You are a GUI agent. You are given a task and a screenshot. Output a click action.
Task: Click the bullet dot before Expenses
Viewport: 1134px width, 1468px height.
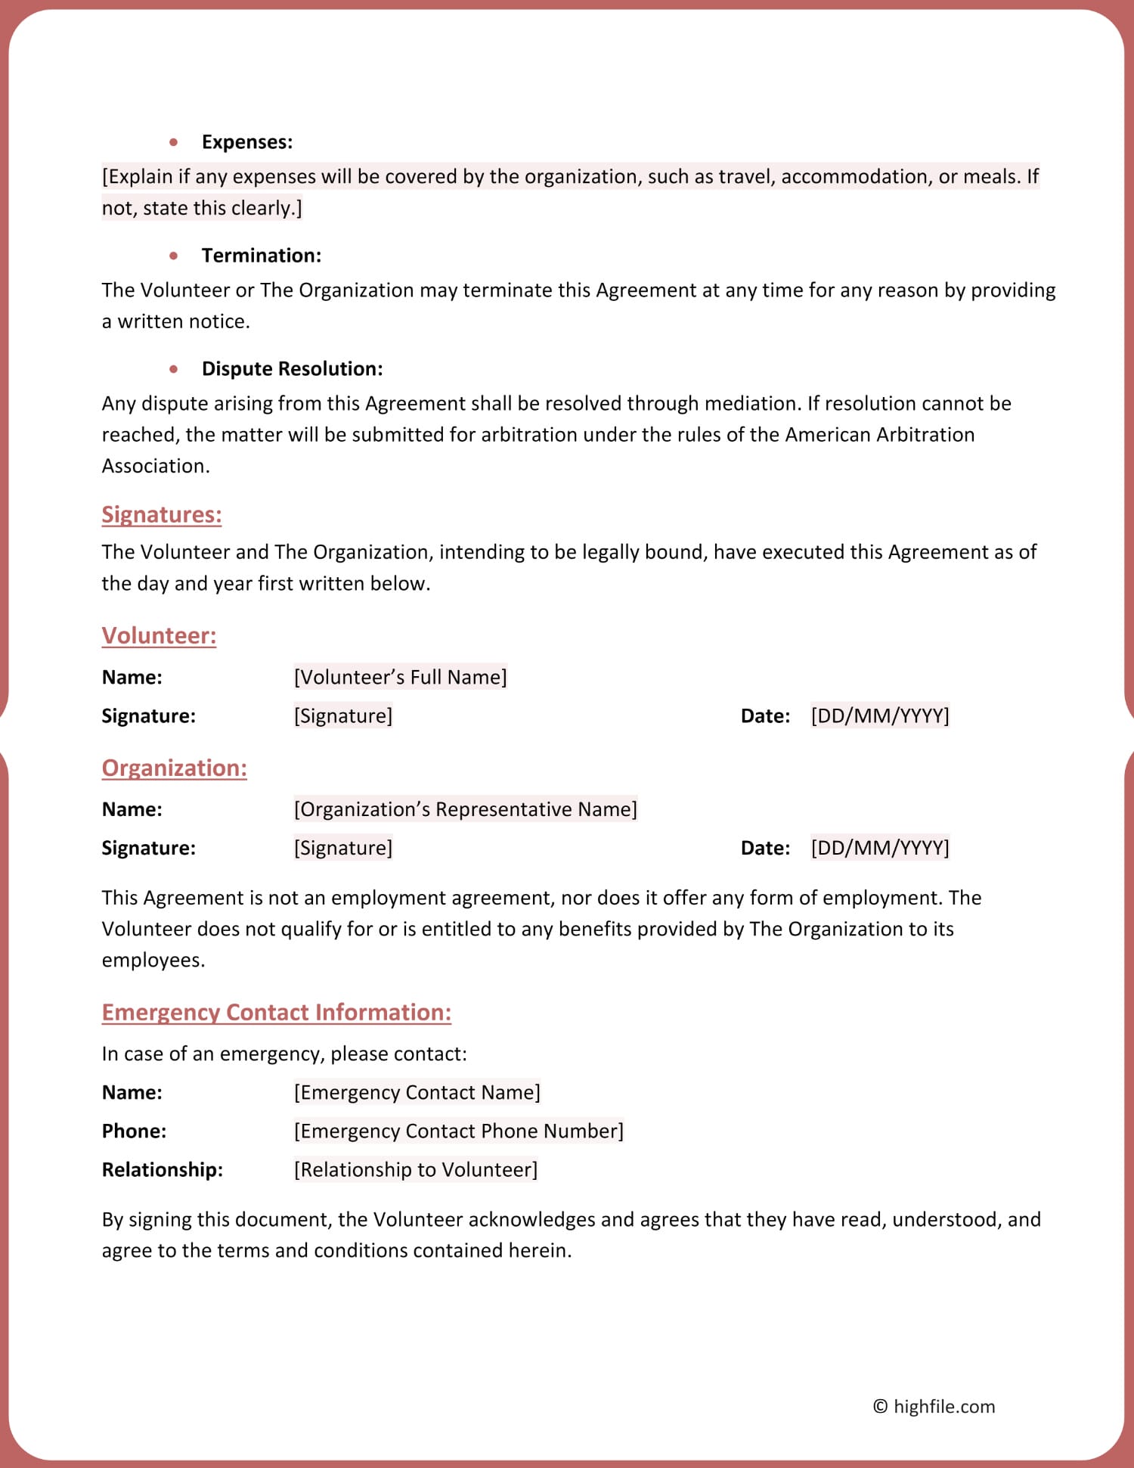174,142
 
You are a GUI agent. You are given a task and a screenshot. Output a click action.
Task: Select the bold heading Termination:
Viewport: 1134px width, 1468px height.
261,256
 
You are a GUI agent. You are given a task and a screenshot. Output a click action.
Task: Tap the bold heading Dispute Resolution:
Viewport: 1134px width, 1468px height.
292,369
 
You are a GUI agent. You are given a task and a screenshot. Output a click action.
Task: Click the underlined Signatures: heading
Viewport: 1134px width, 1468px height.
162,515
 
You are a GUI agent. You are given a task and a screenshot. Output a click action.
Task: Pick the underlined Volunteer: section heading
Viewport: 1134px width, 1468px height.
159,636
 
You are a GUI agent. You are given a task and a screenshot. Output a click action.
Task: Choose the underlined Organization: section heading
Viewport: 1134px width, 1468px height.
174,768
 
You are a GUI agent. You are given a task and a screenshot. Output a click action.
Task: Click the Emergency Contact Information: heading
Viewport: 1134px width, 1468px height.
276,1013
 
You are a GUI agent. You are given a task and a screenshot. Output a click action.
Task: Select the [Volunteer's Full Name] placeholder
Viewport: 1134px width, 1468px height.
400,677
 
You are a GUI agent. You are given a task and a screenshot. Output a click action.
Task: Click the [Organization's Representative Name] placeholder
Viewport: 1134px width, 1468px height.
465,809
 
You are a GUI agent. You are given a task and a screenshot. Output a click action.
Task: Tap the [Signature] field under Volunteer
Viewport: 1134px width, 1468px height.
343,715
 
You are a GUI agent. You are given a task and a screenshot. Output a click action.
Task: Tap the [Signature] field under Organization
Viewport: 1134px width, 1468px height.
343,848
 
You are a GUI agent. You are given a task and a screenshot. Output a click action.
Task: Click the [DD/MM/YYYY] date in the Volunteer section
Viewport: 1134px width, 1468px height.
879,715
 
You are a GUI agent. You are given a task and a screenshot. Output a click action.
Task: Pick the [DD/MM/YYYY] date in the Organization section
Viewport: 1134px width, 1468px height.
879,848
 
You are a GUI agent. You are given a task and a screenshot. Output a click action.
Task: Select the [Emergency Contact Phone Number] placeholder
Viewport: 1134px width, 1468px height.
458,1131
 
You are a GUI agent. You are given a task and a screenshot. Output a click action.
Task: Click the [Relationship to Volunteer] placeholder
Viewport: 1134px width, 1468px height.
415,1170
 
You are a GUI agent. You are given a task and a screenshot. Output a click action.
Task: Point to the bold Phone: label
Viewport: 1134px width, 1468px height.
134,1131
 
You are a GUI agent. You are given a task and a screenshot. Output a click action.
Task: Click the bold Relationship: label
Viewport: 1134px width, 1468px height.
162,1170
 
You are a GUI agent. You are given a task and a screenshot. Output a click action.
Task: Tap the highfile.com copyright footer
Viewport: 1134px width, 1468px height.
934,1407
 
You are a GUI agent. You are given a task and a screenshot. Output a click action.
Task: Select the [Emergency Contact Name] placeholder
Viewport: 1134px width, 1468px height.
417,1093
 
